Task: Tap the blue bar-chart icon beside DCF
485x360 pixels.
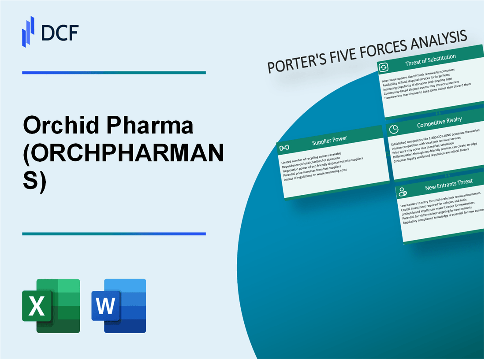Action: [28, 31]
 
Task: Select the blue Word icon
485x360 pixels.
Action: [119, 305]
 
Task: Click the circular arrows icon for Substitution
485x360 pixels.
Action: [383, 67]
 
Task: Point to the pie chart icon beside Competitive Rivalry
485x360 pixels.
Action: [395, 128]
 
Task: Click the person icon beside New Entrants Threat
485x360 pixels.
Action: [402, 191]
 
